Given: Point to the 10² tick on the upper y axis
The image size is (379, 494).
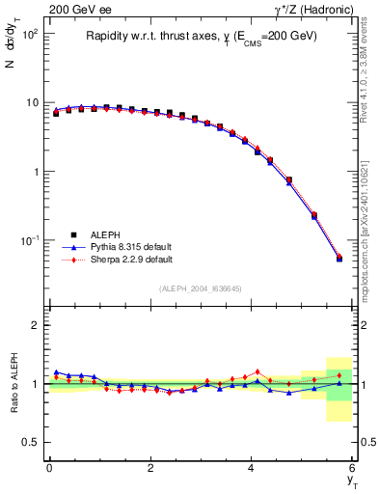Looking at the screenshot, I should tap(31, 34).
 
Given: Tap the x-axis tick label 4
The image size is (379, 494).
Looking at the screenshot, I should tap(252, 468).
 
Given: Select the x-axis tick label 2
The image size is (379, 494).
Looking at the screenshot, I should tap(150, 468).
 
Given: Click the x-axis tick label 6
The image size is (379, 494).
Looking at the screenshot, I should tap(353, 468).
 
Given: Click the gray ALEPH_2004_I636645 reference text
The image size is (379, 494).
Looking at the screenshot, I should tap(201, 288).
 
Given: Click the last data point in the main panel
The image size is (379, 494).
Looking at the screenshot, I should tap(338, 259).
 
